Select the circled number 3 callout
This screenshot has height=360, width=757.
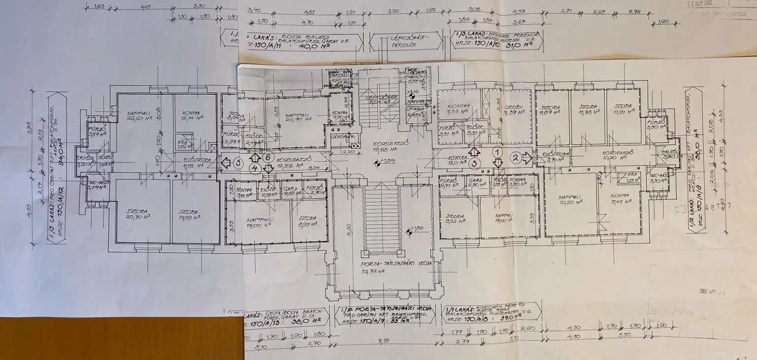coord(474,162)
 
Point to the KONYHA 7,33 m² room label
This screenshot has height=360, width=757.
coord(456,108)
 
